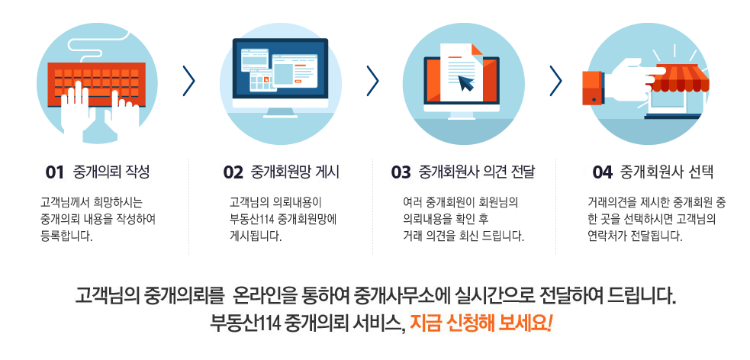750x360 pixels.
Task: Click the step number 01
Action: (x=55, y=172)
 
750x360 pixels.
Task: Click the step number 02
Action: (x=233, y=172)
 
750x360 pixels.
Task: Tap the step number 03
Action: (x=401, y=172)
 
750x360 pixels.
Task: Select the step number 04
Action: (x=603, y=172)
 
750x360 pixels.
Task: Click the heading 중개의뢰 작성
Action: (x=111, y=172)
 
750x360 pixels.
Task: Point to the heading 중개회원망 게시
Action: (x=295, y=172)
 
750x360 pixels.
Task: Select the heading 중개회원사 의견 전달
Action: (x=476, y=172)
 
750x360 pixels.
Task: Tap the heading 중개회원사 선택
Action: (x=667, y=172)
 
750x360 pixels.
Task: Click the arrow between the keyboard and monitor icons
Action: (x=188, y=81)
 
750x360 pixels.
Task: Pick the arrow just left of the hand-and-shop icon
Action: (x=555, y=81)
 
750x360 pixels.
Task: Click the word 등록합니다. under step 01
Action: (x=66, y=236)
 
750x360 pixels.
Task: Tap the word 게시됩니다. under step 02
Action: (x=256, y=236)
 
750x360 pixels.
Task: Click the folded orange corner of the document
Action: (x=477, y=49)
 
